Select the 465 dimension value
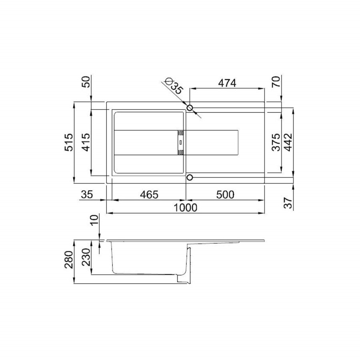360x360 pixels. click(x=149, y=195)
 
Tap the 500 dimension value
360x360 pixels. click(x=225, y=195)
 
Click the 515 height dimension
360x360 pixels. click(x=69, y=142)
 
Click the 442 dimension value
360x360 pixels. click(x=289, y=142)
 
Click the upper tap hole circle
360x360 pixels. click(x=190, y=108)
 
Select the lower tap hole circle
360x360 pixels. click(x=190, y=177)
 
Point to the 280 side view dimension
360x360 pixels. click(x=69, y=262)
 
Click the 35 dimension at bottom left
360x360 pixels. click(x=87, y=195)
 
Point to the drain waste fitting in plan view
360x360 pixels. click(x=180, y=142)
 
